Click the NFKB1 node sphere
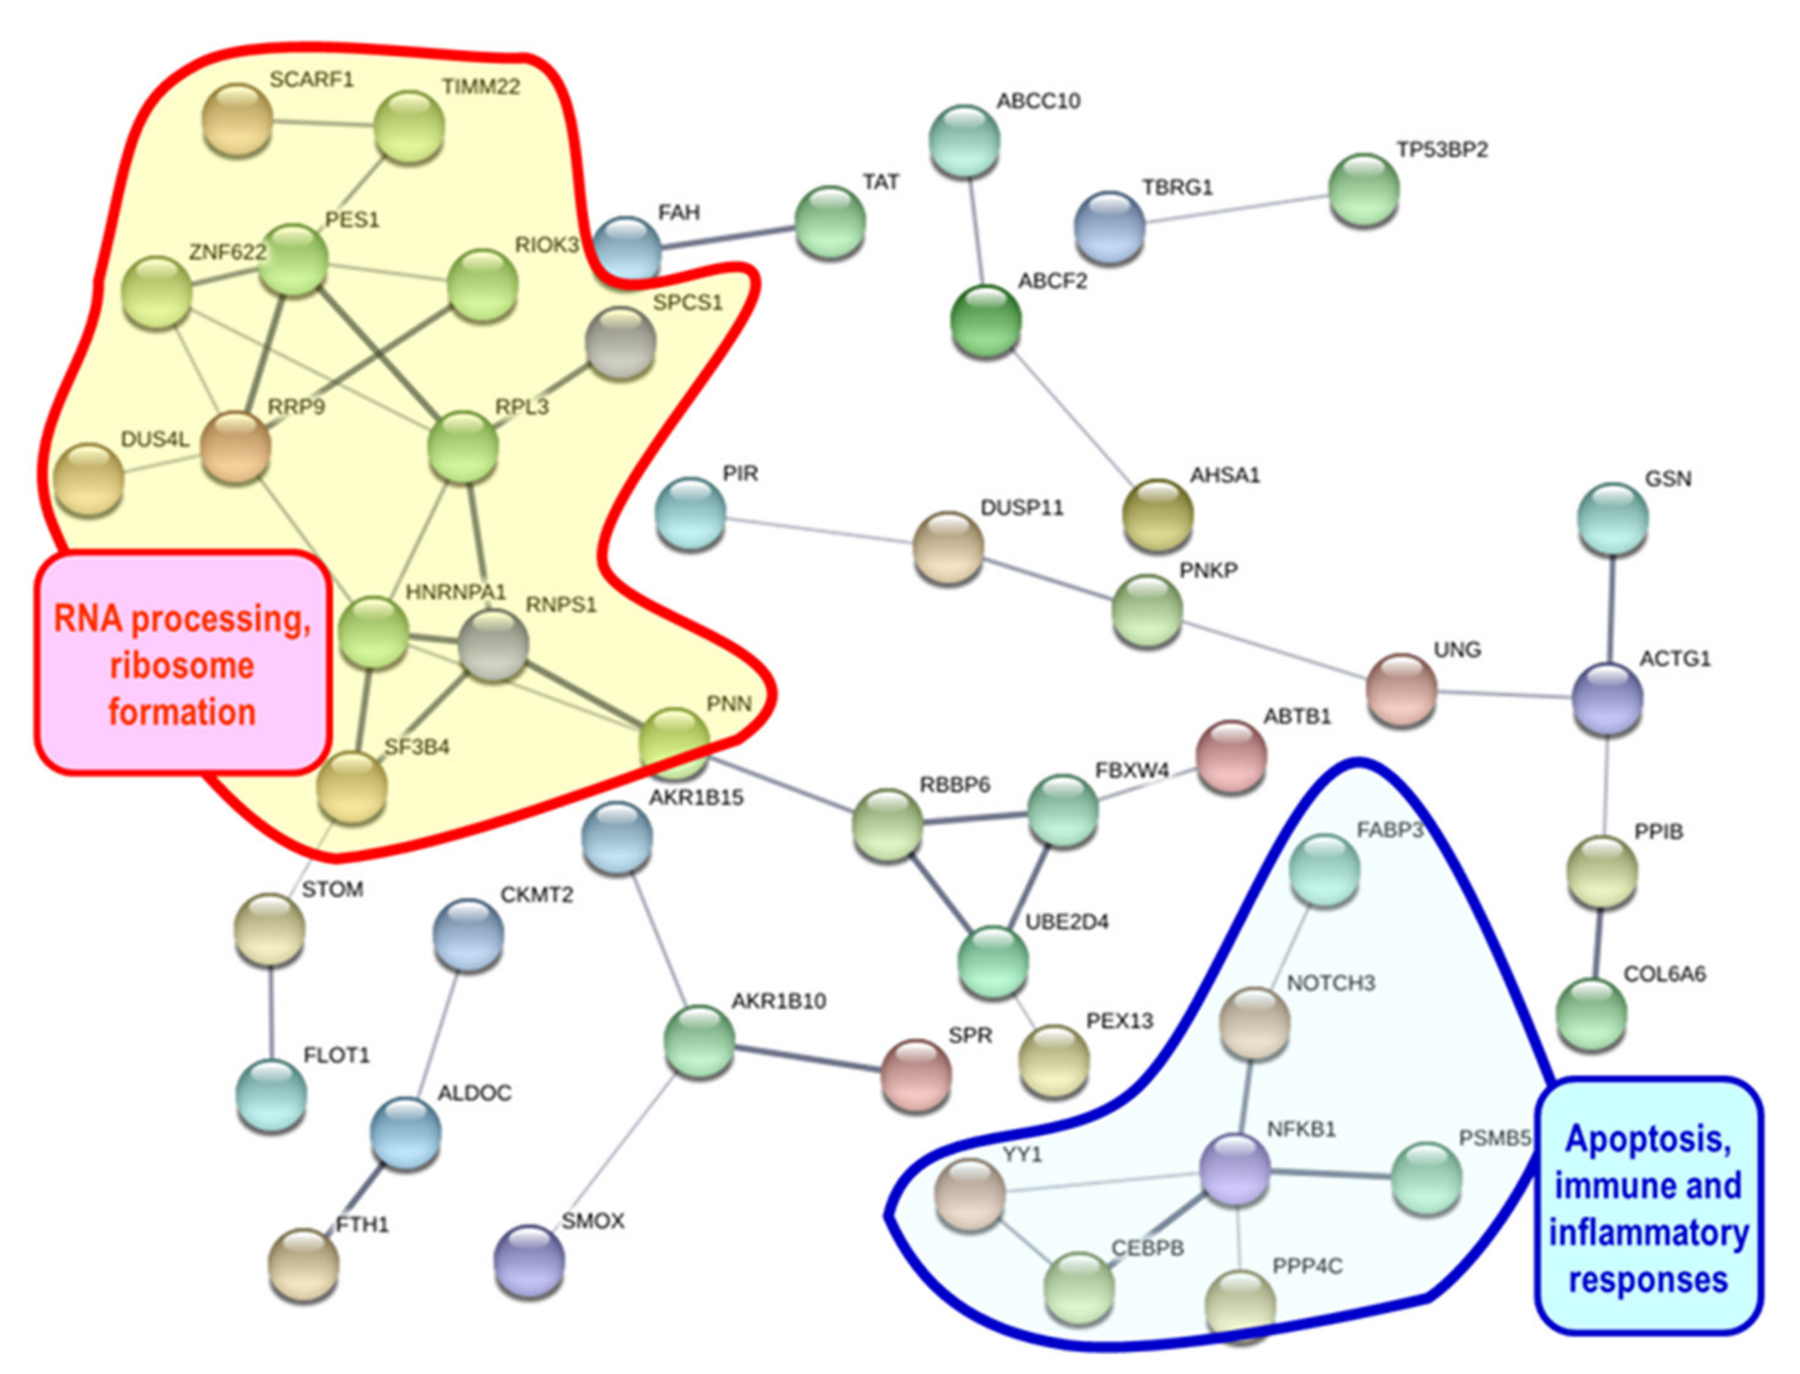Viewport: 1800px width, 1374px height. coord(1234,1170)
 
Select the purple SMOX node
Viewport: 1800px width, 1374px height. coord(529,1260)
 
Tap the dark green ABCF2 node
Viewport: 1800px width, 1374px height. coord(986,321)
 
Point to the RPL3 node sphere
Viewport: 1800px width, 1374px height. coord(463,447)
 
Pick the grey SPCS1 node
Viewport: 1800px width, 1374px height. coord(621,343)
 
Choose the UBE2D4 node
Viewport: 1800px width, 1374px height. coord(993,962)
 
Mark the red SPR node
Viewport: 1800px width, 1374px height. coord(916,1074)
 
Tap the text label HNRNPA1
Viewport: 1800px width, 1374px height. coord(456,591)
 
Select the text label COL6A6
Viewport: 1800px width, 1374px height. coord(1664,973)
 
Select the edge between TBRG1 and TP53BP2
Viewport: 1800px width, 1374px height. coord(1235,209)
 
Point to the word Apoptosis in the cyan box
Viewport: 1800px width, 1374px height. coord(1647,1138)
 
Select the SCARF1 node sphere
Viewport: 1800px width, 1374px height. coord(237,119)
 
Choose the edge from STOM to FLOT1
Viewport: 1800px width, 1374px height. coord(270,1013)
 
